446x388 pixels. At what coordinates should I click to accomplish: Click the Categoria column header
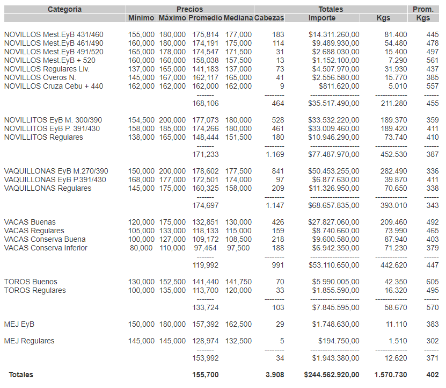pyautogui.click(x=64, y=9)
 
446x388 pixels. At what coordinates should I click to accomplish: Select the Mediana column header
pyautogui.click(x=238, y=18)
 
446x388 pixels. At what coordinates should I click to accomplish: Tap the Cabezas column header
pyautogui.click(x=269, y=18)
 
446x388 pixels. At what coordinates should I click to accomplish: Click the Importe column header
pyautogui.click(x=322, y=18)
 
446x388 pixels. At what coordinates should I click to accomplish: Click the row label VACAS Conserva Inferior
pyautogui.click(x=46, y=248)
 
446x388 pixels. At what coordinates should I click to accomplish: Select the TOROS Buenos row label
pyautogui.click(x=31, y=282)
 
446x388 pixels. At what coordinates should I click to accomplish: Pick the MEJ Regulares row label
pyautogui.click(x=29, y=341)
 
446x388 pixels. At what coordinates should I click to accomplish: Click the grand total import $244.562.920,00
pyautogui.click(x=332, y=375)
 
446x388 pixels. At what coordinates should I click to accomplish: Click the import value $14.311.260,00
pyautogui.click(x=334, y=34)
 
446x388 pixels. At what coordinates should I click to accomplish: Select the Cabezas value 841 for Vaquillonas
pyautogui.click(x=277, y=171)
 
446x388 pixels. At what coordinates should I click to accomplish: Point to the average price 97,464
pyautogui.click(x=204, y=248)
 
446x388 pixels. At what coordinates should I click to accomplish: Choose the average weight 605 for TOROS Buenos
pyautogui.click(x=432, y=282)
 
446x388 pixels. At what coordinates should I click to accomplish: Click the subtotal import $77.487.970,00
pyautogui.click(x=334, y=154)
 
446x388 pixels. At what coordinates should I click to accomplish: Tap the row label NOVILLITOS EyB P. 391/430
pyautogui.click(x=52, y=128)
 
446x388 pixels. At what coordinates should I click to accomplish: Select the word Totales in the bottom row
pyautogui.click(x=20, y=375)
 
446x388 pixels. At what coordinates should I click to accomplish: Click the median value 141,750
pyautogui.click(x=238, y=282)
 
